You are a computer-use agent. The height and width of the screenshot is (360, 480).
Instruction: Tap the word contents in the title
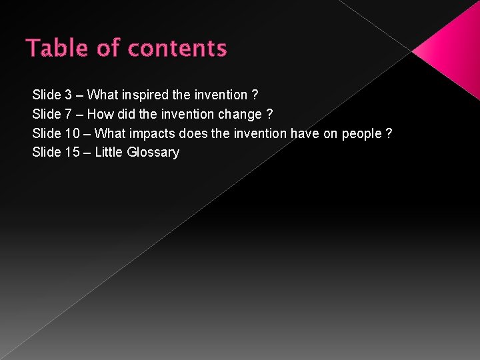(x=177, y=49)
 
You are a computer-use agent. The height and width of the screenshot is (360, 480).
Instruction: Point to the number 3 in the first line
(x=69, y=95)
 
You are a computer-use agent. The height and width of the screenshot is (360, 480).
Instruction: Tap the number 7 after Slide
(x=69, y=115)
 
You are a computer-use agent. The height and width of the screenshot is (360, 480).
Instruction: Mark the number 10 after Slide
(x=73, y=134)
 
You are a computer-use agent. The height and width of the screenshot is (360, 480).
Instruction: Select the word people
(x=361, y=134)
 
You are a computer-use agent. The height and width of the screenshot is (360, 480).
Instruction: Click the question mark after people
(x=389, y=134)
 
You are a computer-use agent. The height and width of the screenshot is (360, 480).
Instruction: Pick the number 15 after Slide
(x=73, y=153)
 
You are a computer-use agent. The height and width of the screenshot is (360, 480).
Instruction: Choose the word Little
(x=109, y=153)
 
